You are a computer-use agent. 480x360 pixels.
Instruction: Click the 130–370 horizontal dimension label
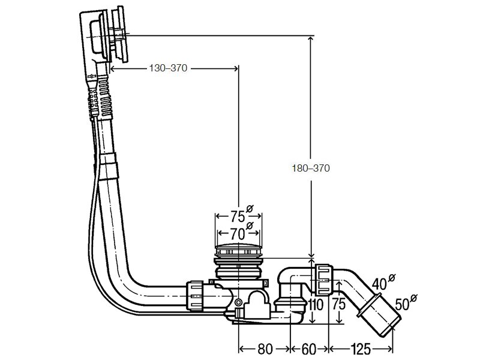tap(168, 68)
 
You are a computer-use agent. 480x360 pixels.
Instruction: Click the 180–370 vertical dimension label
tap(311, 168)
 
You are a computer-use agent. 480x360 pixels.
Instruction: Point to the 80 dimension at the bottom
tap(265, 349)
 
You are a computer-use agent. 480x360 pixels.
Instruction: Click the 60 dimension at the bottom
tap(309, 349)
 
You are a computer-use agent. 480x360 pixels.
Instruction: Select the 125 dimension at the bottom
tap(361, 349)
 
